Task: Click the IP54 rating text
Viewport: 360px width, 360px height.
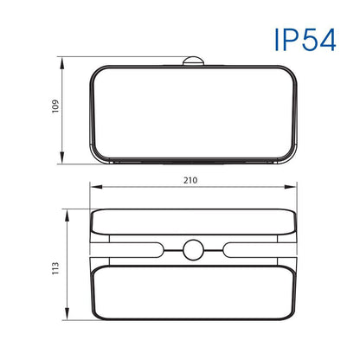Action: click(x=305, y=40)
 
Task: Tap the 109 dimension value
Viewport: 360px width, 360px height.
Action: click(x=55, y=106)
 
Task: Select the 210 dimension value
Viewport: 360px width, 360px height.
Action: click(x=190, y=180)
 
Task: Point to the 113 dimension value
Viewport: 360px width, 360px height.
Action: click(x=55, y=268)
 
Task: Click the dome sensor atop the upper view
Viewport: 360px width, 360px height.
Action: click(x=193, y=61)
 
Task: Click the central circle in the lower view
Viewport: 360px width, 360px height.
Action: click(x=193, y=250)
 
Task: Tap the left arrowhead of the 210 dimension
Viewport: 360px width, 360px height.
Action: click(x=96, y=187)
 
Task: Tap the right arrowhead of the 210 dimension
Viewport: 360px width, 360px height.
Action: click(x=291, y=187)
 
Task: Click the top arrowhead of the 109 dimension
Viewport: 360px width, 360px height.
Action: click(x=61, y=63)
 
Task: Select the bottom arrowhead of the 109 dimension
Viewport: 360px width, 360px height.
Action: click(x=61, y=157)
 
